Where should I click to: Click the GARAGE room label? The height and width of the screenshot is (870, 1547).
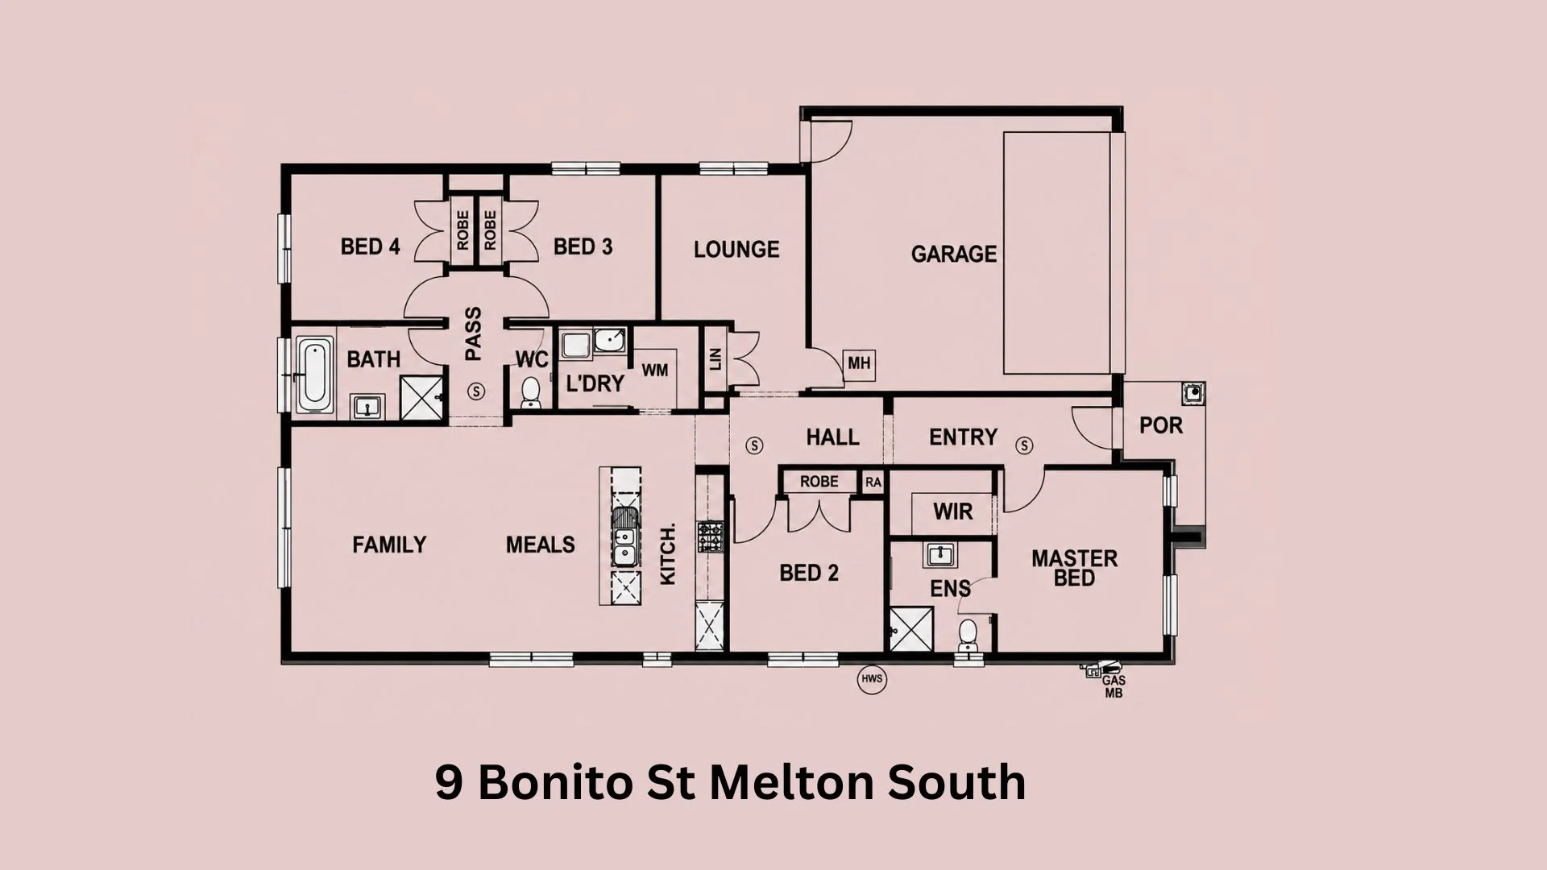coord(953,254)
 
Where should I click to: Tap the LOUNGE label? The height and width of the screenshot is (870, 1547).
coord(736,249)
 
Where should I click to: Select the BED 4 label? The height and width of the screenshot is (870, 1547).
coord(370,246)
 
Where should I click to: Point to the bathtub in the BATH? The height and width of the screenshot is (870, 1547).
coord(314,375)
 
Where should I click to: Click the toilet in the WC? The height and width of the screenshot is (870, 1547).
coord(530,391)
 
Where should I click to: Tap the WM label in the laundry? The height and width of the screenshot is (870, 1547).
coord(655,371)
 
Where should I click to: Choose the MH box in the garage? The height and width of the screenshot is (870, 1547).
coord(859,364)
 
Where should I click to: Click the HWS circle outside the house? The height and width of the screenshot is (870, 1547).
coord(872,679)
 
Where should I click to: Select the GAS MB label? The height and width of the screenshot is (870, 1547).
coord(1114,686)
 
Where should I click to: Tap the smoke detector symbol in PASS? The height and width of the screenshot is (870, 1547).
coord(476,391)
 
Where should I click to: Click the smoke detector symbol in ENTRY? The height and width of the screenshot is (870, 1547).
coord(1024,445)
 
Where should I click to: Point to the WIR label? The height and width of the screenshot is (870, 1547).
coord(952,512)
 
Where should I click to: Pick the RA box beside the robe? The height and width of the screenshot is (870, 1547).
coord(873,483)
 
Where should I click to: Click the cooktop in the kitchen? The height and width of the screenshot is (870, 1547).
coord(711,536)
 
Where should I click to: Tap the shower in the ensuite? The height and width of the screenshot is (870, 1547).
coord(911,629)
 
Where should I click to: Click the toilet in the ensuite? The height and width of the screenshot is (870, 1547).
coord(968,636)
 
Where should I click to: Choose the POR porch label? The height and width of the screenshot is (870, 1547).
coord(1161,425)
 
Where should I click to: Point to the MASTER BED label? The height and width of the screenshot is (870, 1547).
coord(1074,568)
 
